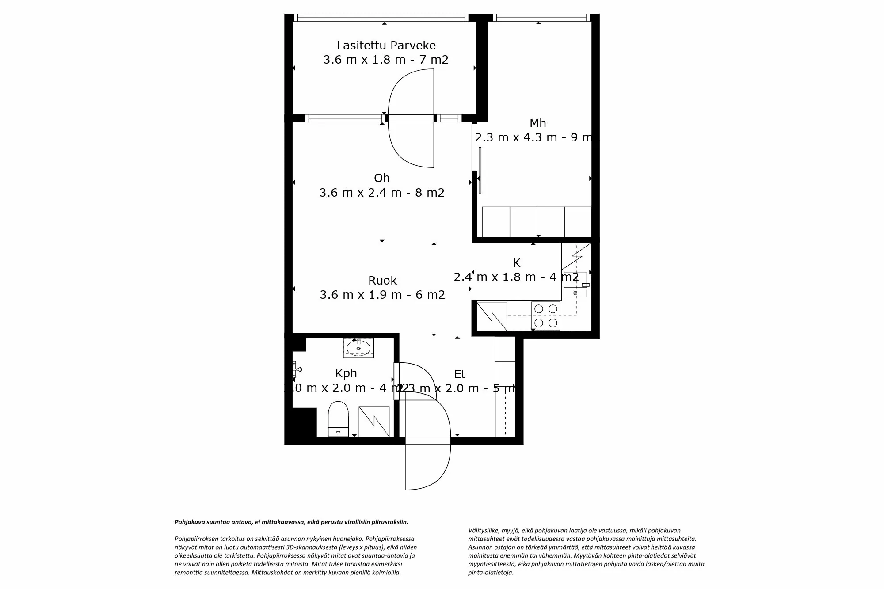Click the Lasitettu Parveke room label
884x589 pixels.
(x=386, y=46)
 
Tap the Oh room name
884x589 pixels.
(x=381, y=178)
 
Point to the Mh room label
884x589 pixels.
(x=537, y=123)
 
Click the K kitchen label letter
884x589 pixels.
(x=516, y=263)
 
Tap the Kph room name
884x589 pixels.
(x=346, y=373)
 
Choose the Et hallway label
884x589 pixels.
(x=460, y=374)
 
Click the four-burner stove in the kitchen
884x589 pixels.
(x=545, y=315)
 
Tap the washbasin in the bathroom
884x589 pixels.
(x=358, y=348)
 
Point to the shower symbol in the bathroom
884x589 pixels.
(x=374, y=421)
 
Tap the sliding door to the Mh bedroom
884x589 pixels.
(x=480, y=170)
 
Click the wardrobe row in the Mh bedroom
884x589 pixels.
(x=537, y=222)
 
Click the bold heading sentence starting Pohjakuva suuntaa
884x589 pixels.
(x=291, y=522)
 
